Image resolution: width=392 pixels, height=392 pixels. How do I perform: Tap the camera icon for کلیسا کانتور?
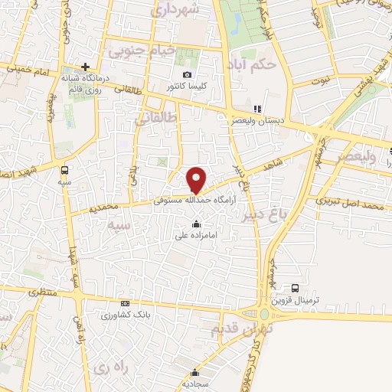click(x=188, y=74)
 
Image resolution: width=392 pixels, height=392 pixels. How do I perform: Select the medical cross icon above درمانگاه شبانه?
click(x=86, y=67)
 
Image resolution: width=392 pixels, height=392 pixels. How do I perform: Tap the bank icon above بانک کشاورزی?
click(x=125, y=304)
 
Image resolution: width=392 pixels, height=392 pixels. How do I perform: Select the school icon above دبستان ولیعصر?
click(x=257, y=109)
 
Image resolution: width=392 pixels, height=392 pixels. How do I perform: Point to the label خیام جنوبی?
click(x=142, y=51)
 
